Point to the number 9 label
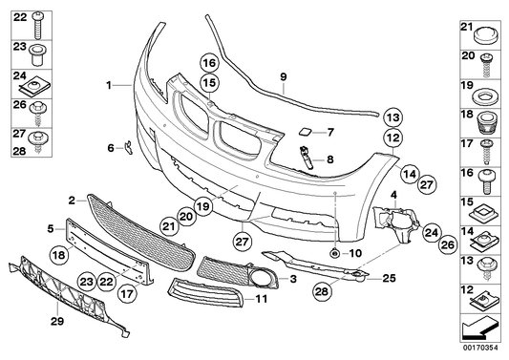pyautogui.click(x=283, y=74)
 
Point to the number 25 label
pyautogui.click(x=389, y=278)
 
